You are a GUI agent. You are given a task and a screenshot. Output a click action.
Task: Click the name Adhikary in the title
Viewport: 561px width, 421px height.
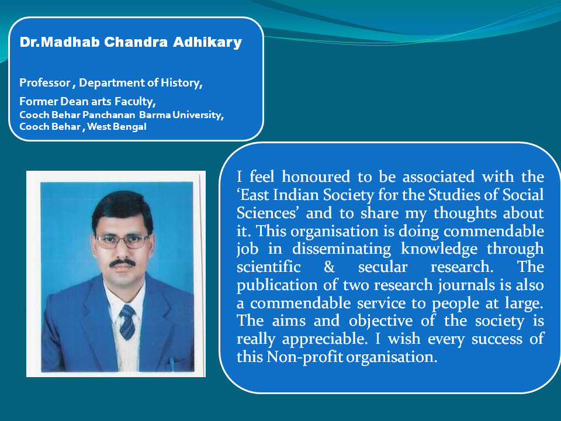tap(207, 43)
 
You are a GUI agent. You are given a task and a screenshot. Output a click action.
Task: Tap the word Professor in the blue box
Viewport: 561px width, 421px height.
tap(45, 82)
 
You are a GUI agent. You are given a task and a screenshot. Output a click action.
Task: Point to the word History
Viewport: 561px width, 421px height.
tap(181, 83)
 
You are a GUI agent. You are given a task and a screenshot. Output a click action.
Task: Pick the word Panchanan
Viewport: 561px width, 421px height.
tap(109, 115)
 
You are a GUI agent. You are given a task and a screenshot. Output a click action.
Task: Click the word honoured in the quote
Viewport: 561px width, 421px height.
tap(316, 177)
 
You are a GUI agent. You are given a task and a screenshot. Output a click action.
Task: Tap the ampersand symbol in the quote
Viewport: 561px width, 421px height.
tap(329, 267)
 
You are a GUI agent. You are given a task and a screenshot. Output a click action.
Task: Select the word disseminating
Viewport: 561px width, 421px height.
tap(341, 249)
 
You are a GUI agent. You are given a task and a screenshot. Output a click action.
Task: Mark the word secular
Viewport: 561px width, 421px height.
tap(382, 267)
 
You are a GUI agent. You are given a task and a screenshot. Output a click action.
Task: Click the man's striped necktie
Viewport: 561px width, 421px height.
tap(127, 322)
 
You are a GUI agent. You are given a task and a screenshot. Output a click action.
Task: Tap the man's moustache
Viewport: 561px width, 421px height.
tap(122, 263)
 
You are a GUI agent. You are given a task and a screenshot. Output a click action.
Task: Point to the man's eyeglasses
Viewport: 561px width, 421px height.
tap(122, 241)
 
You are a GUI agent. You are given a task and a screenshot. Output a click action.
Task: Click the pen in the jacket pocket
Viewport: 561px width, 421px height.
tap(172, 363)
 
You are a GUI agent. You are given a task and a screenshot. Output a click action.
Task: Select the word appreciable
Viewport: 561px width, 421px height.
tap(325, 339)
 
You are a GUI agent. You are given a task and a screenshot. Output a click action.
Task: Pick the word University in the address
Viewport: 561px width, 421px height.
tap(198, 115)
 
